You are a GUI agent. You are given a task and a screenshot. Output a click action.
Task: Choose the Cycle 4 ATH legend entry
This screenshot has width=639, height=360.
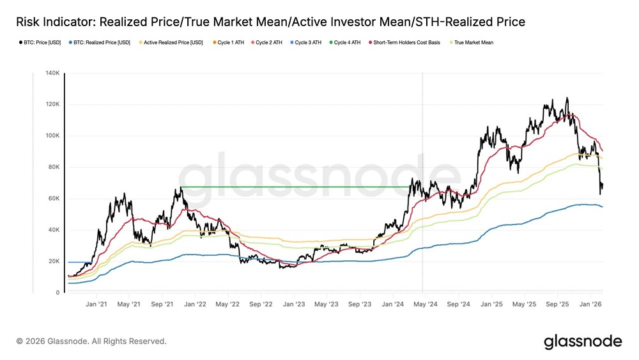[347, 43]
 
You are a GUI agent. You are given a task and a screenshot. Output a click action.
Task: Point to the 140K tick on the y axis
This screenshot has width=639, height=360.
[52, 73]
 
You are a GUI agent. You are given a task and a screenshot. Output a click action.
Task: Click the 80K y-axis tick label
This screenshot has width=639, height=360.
[53, 167]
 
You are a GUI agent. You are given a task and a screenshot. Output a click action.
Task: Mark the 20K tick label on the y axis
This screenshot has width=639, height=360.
[53, 261]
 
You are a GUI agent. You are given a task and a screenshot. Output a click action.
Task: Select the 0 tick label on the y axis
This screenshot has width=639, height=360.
[58, 292]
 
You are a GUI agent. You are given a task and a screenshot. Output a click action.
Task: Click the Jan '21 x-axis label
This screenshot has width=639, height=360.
[96, 305]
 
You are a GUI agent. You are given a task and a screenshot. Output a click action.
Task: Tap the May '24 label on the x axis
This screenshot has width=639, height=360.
[426, 305]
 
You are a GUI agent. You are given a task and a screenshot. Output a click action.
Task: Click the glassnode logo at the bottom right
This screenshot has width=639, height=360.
[582, 341]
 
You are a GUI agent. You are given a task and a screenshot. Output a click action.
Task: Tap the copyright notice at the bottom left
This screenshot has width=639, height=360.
[91, 341]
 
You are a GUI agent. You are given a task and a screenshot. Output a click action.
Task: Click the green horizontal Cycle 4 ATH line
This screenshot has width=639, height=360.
[294, 187]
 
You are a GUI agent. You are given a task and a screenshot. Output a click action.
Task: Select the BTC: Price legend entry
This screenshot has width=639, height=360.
[38, 43]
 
